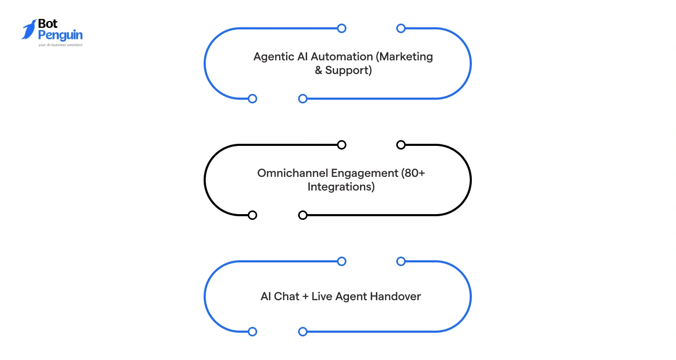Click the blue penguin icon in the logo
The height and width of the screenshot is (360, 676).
[29, 29]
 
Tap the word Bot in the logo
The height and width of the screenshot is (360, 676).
[48, 25]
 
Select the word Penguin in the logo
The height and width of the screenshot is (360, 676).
[60, 36]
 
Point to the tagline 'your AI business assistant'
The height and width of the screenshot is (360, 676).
[60, 45]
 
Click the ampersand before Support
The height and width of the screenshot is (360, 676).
[319, 70]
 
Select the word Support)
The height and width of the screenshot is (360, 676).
[348, 70]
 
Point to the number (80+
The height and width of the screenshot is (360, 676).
[413, 173]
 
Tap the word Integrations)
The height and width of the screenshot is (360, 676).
[341, 187]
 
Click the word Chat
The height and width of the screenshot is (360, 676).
[287, 297]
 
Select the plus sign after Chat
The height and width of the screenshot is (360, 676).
[305, 297]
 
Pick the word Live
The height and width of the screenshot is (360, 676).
[322, 297]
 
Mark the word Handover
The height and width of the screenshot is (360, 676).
[395, 297]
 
